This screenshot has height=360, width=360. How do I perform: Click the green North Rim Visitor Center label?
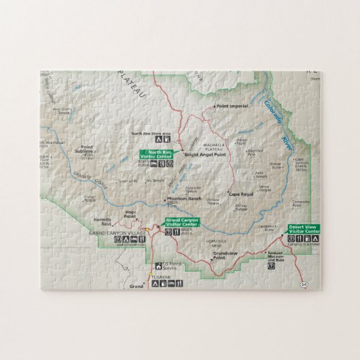click(157, 154)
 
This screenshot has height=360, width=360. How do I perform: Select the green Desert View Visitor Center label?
click(304, 229)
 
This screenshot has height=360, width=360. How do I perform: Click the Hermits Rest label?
click(102, 222)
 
